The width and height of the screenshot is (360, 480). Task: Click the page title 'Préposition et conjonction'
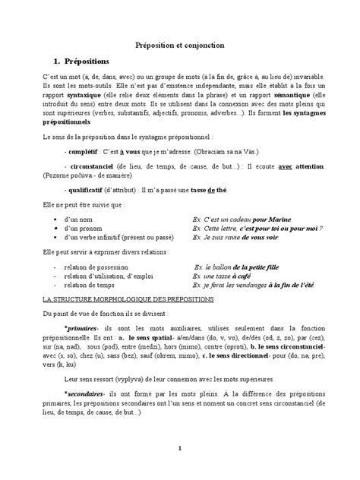pyautogui.click(x=179, y=46)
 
